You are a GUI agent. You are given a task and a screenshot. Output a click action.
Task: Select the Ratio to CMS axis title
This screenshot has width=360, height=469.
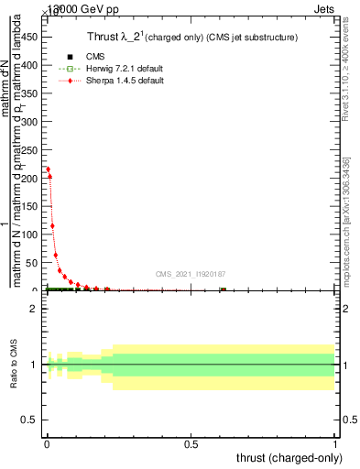coord(14,365)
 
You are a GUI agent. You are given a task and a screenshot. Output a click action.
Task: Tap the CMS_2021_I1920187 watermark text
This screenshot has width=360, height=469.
coord(191,273)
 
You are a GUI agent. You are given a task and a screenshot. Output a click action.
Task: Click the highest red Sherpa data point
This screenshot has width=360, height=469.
coord(48,169)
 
